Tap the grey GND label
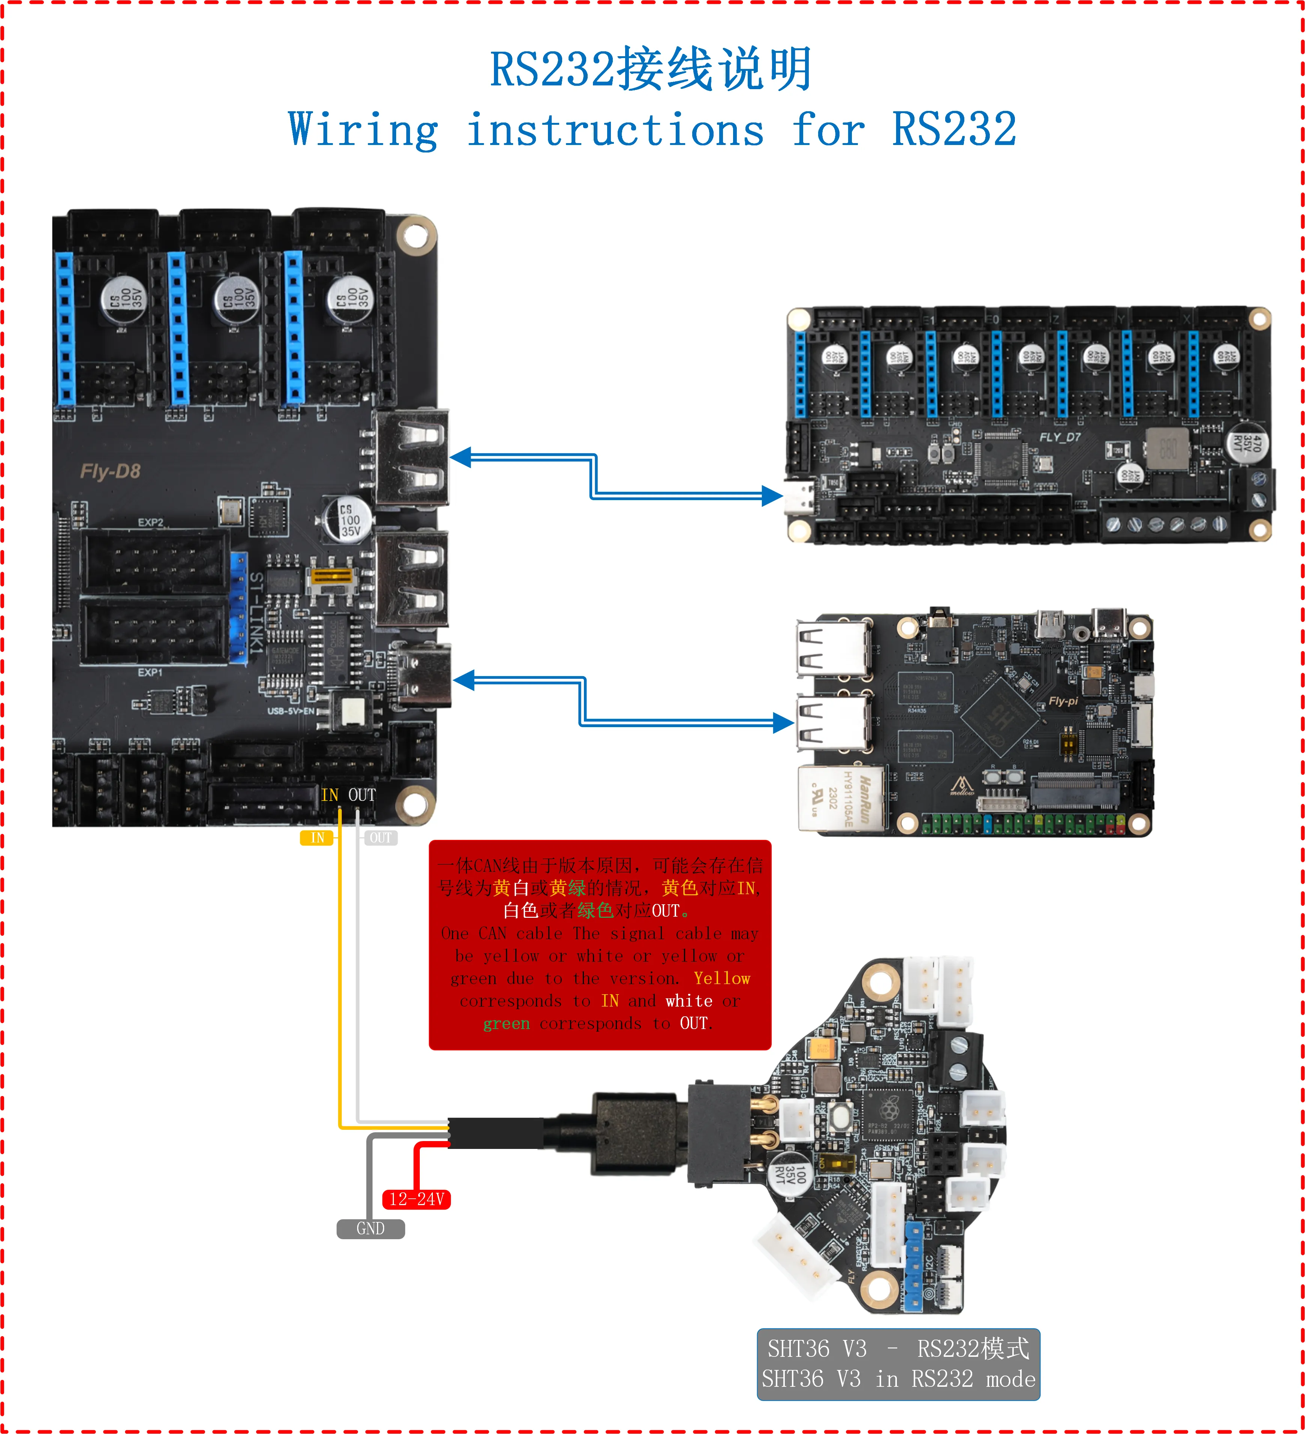pos(371,1228)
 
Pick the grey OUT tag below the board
pos(381,838)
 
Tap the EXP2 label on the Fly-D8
pos(150,522)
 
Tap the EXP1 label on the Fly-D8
pos(150,672)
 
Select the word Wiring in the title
pos(363,130)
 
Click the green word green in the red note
pos(506,1023)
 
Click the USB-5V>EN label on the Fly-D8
pos(290,711)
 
